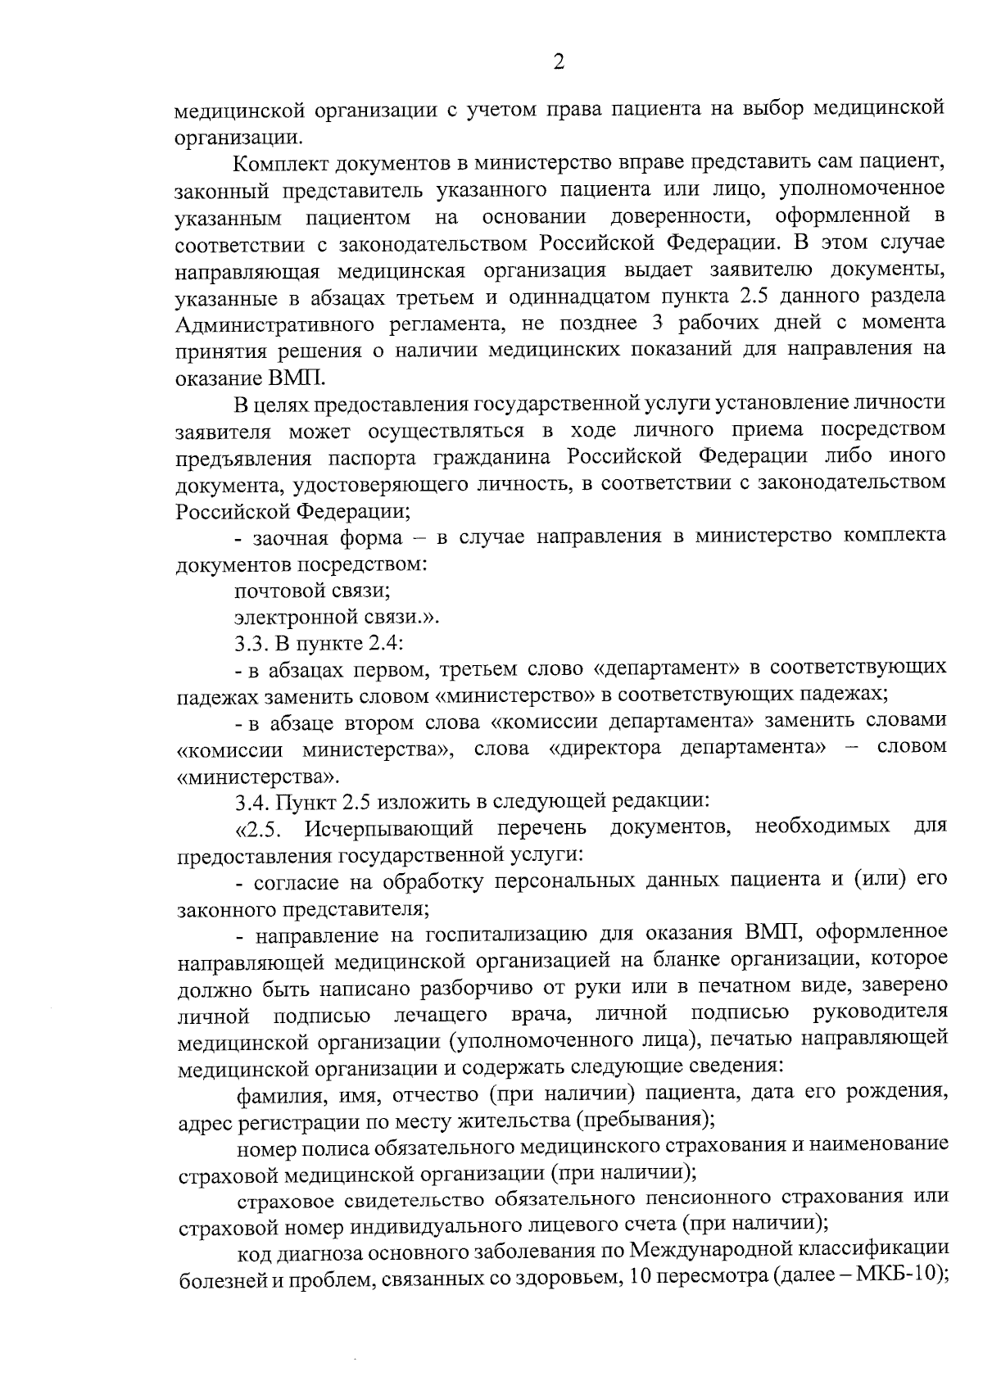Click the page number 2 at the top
coord(559,62)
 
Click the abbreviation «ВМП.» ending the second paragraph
coord(296,378)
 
